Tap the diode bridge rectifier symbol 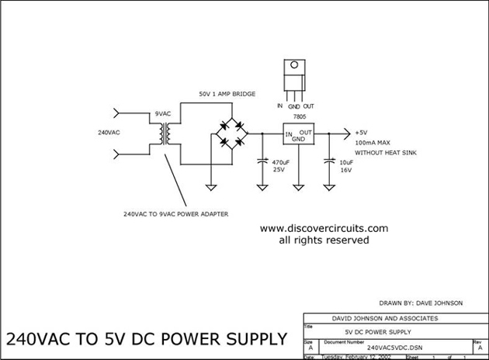pos(230,133)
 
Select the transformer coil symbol pos(165,133)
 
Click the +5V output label pos(362,133)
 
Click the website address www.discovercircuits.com pos(324,229)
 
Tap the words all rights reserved pos(324,241)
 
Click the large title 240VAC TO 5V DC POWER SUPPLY pos(147,340)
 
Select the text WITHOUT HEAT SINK pos(386,154)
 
